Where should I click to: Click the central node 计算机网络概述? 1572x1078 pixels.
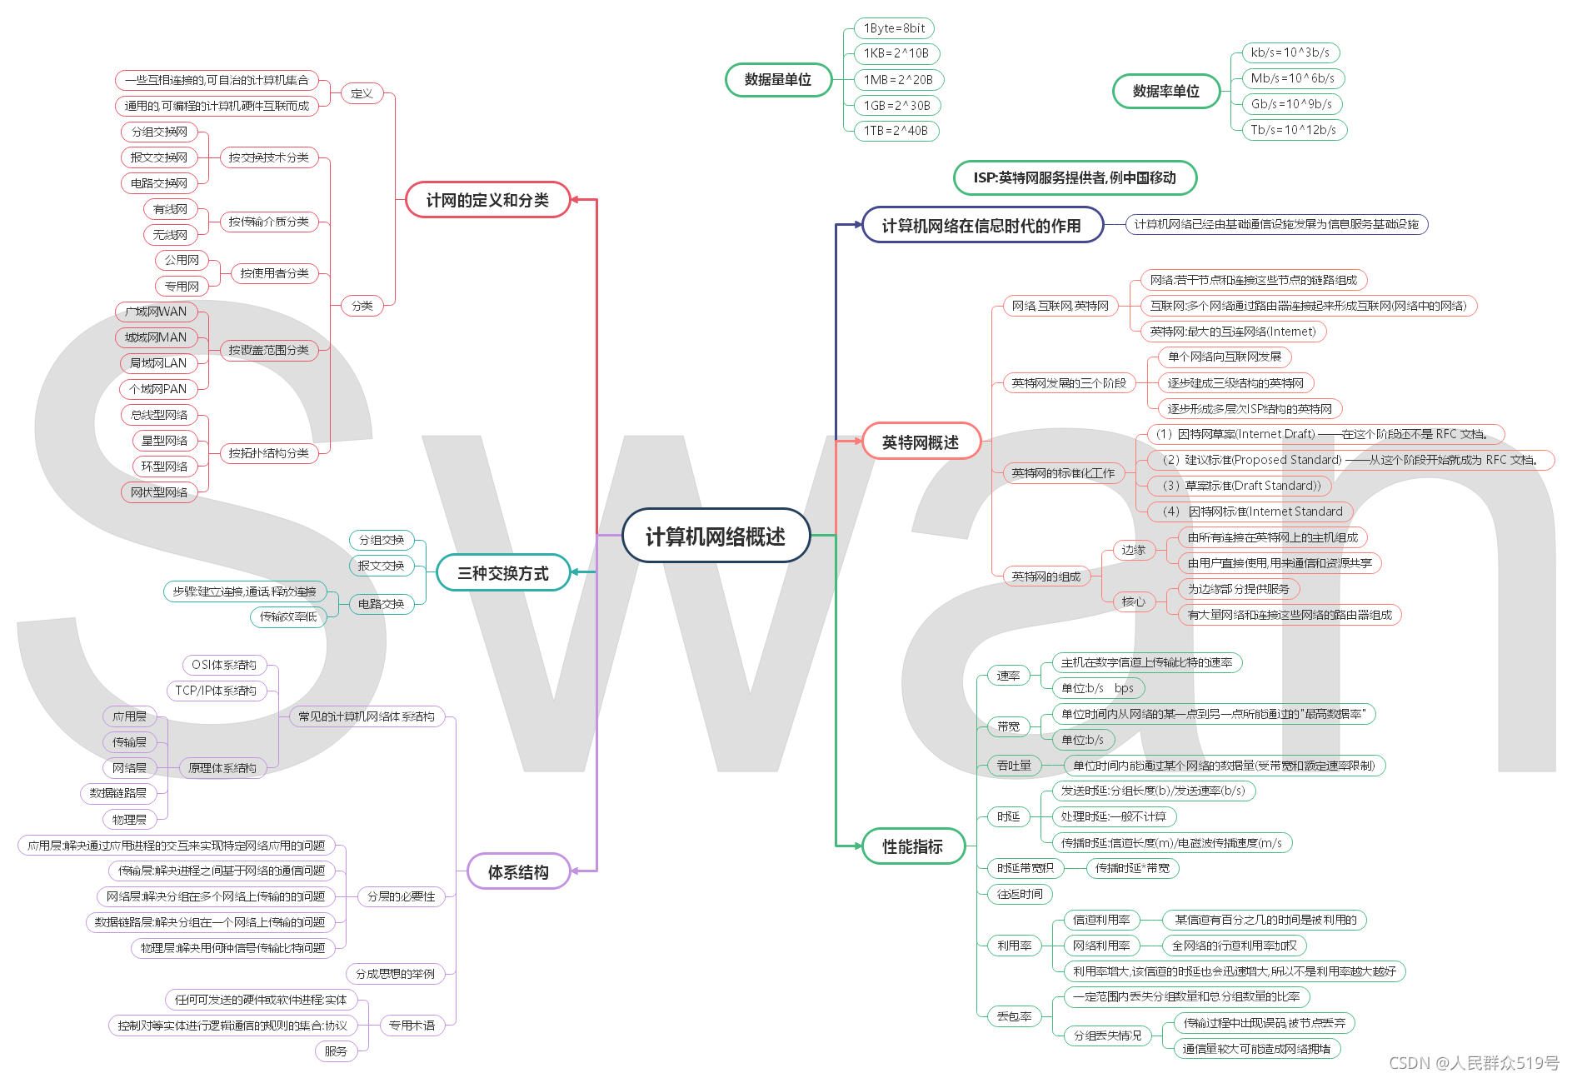pyautogui.click(x=716, y=536)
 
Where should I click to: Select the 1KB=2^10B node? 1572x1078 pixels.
pyautogui.click(x=896, y=53)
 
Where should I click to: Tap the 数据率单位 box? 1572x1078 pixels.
pyautogui.click(x=1165, y=91)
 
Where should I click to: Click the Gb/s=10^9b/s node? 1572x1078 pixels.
pyautogui.click(x=1290, y=104)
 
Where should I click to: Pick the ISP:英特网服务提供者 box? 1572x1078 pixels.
pyautogui.click(x=1074, y=177)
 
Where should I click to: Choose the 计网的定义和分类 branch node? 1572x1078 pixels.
pyautogui.click(x=487, y=200)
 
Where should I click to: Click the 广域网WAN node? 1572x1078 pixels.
pyautogui.click(x=156, y=312)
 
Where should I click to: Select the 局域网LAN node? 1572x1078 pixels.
pyautogui.click(x=158, y=363)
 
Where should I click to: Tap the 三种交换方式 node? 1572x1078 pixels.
pyautogui.click(x=502, y=573)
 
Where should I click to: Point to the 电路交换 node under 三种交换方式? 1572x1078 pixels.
pyautogui.click(x=381, y=604)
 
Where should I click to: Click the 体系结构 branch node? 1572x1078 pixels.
pyautogui.click(x=517, y=872)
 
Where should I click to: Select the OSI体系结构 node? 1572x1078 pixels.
pyautogui.click(x=224, y=665)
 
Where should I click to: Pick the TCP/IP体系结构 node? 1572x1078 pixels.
pyautogui.click(x=216, y=691)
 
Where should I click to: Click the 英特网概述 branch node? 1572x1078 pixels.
pyautogui.click(x=920, y=442)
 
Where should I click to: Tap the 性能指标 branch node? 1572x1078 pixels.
pyautogui.click(x=912, y=846)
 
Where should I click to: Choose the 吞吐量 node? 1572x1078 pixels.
pyautogui.click(x=1014, y=766)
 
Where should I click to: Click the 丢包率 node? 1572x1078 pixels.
pyautogui.click(x=1014, y=1016)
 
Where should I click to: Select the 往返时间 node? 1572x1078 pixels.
pyautogui.click(x=1020, y=894)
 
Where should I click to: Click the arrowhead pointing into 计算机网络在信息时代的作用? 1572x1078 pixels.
pyautogui.click(x=858, y=225)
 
